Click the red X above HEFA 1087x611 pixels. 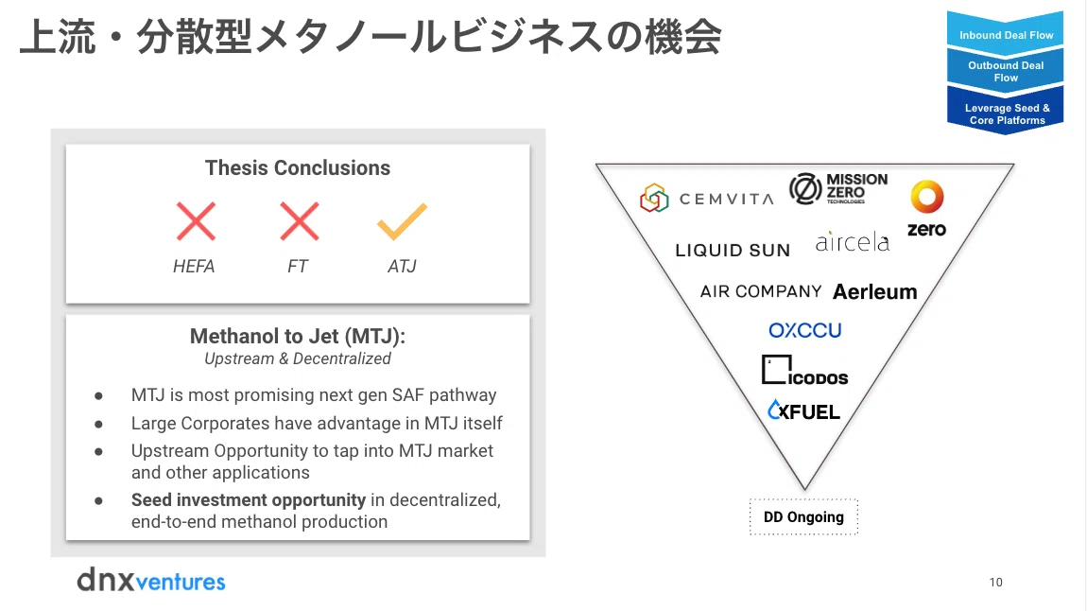point(197,221)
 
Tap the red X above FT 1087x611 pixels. point(300,221)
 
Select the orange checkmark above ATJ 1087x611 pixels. point(402,221)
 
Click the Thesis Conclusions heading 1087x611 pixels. point(298,167)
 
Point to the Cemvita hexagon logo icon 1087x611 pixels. point(654,198)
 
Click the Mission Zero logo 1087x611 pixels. point(838,188)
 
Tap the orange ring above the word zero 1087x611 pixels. point(927,197)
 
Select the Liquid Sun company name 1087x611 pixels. point(733,251)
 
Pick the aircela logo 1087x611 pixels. point(852,241)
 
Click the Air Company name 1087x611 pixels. point(761,291)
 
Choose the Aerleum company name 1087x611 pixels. point(875,292)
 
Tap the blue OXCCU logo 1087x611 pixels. point(804,330)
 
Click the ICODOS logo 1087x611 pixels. point(804,371)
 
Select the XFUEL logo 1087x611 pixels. point(804,410)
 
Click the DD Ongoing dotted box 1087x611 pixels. point(803,517)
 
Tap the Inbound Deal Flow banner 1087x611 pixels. point(1005,32)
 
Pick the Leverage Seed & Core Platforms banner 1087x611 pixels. point(1005,113)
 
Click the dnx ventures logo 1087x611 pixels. point(151,580)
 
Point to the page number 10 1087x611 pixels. point(995,583)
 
